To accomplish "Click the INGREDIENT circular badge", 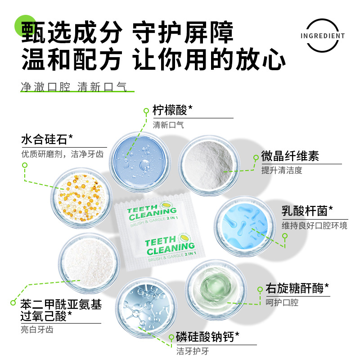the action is tap(323, 36).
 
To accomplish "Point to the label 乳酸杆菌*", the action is tap(307, 211).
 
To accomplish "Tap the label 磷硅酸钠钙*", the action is tap(207, 337).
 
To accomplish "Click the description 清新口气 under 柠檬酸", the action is tap(168, 125).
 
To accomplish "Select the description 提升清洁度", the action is tap(282, 170).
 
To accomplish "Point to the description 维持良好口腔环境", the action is tap(314, 225).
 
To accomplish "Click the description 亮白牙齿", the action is tap(37, 329).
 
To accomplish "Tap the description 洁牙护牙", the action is tap(193, 351).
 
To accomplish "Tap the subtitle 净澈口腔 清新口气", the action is tap(74, 87).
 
